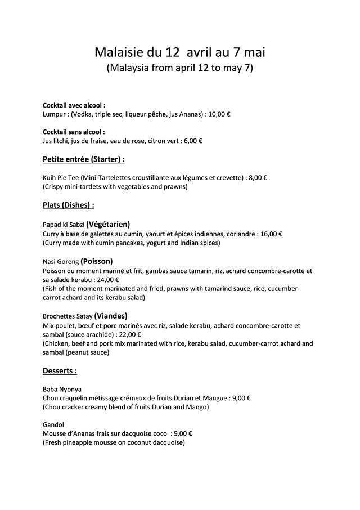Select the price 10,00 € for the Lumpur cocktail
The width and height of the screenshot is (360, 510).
(x=219, y=114)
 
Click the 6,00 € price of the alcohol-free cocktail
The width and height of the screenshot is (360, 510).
(x=193, y=141)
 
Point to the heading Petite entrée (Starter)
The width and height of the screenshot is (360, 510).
(x=84, y=159)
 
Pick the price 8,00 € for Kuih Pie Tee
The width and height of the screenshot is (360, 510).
(x=258, y=177)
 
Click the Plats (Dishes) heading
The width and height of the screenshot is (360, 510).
(x=69, y=205)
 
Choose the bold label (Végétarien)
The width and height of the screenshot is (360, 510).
(x=108, y=223)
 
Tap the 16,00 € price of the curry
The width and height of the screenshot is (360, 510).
(x=271, y=234)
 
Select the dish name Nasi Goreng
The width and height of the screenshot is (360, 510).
(x=61, y=261)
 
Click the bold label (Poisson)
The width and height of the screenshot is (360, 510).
(x=97, y=261)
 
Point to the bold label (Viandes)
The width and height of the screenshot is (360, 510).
(x=111, y=316)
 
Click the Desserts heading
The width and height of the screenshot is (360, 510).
(x=60, y=371)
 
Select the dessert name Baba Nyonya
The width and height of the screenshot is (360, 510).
(x=62, y=389)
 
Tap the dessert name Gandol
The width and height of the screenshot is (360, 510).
(x=53, y=425)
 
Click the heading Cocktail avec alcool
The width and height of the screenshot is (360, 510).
(x=74, y=105)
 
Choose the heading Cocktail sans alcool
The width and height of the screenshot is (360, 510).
(x=74, y=132)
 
